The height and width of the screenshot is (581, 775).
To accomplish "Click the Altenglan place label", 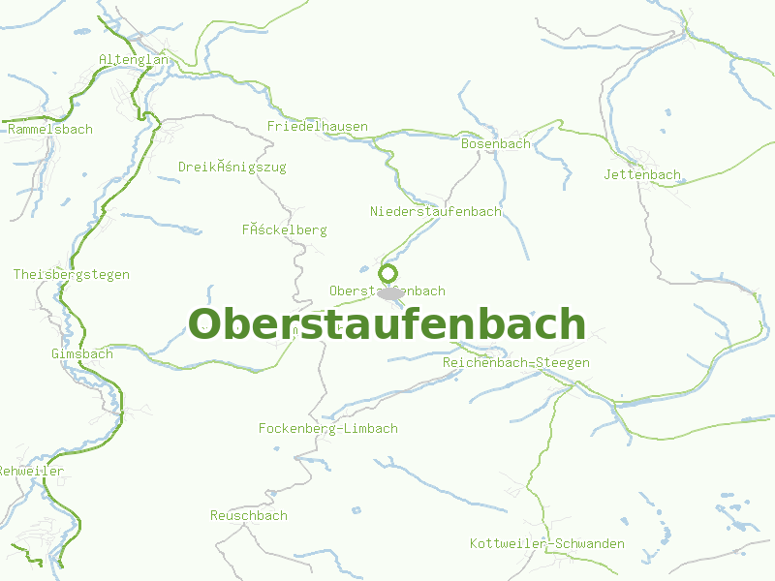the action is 134,60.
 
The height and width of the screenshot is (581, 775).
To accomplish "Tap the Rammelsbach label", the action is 49,129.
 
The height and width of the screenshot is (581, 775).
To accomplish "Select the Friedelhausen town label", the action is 318,126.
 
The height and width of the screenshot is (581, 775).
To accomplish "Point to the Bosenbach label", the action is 496,143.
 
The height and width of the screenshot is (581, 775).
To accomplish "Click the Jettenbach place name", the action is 642,174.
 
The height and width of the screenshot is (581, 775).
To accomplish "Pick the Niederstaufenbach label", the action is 436,211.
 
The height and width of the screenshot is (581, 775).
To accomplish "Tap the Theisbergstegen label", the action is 72,274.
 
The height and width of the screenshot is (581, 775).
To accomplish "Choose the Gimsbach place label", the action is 82,353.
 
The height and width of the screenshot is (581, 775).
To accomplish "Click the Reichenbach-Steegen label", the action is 516,362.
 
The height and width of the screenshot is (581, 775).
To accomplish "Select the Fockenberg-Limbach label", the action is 328,428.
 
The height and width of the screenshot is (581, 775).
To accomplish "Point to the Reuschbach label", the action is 249,515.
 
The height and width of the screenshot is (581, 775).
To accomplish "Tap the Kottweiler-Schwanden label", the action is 547,543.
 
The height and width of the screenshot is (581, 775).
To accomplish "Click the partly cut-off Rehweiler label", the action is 32,471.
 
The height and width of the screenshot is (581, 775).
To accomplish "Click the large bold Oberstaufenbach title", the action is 387,324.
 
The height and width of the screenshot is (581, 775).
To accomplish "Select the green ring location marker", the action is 388,273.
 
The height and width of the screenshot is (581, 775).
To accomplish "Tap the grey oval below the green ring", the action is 389,292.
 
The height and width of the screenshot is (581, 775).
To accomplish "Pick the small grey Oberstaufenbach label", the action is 387,290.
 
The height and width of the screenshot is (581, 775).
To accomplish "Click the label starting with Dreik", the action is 232,167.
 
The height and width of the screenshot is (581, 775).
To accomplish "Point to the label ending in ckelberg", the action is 285,229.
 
